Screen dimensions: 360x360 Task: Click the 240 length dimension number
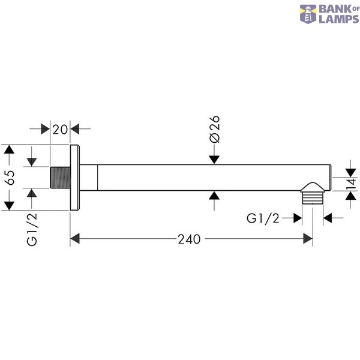[x=189, y=239]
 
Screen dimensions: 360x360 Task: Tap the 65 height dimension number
[x=10, y=178]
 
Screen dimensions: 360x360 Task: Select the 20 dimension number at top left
[x=60, y=130]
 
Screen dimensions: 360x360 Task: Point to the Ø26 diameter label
[x=215, y=129]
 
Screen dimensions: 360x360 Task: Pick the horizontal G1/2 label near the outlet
[x=263, y=218]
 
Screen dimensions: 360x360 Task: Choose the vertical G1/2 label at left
[x=32, y=230]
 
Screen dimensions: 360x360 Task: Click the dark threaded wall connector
[x=60, y=178]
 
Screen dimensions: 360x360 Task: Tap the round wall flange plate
[x=75, y=178]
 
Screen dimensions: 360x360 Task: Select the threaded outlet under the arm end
[x=313, y=193]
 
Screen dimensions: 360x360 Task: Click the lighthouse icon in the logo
[x=308, y=14]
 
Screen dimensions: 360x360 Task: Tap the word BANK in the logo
[x=335, y=10]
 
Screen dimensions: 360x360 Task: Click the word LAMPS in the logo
[x=339, y=19]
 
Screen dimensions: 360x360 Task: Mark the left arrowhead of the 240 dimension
[x=75, y=239]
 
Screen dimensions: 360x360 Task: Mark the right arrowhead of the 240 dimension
[x=308, y=239]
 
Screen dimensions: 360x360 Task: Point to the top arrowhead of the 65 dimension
[x=9, y=149]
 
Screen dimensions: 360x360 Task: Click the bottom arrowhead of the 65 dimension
[x=9, y=206]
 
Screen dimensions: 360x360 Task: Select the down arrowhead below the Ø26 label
[x=214, y=160]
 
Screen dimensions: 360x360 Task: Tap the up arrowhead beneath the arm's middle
[x=214, y=196]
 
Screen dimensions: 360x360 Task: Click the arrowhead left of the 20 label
[x=46, y=129]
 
